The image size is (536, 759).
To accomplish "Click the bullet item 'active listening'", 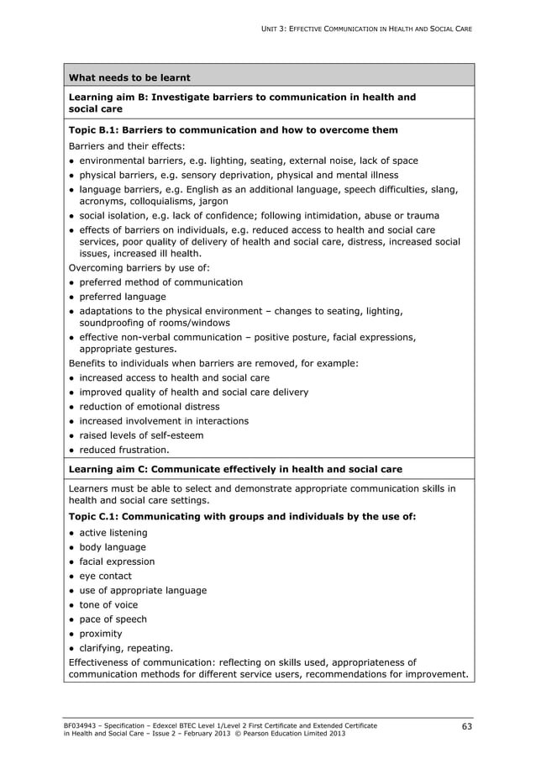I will tap(113, 533).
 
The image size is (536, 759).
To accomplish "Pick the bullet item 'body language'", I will tap(112, 547).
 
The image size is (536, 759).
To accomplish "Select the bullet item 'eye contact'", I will tap(106, 576).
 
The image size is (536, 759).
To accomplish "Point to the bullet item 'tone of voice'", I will tap(108, 604).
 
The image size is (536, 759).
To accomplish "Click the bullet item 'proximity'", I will tap(100, 634).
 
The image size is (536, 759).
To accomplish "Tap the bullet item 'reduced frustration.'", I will tap(123, 450).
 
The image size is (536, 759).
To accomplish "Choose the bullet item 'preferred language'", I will tap(122, 297).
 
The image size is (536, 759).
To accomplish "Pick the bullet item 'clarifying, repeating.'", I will tap(126, 648).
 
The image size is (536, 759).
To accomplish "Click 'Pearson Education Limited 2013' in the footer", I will tap(287, 733).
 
